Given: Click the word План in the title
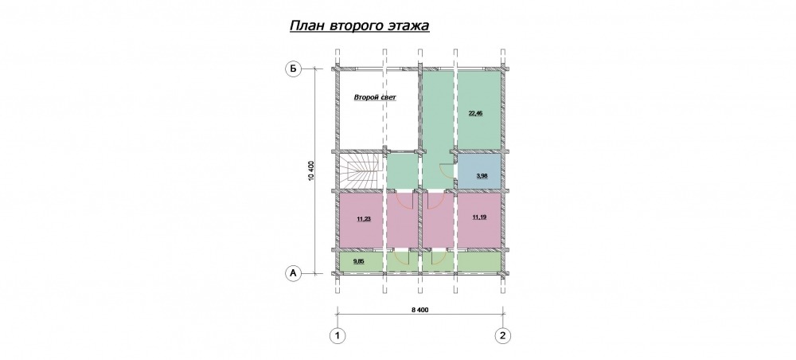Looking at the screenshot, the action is [x=306, y=26].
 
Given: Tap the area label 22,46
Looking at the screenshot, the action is [x=476, y=113].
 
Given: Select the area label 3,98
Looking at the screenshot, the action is [x=482, y=176].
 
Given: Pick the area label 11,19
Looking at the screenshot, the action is [x=479, y=217].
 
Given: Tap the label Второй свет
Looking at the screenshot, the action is [x=375, y=96].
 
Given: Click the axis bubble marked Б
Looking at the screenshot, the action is [x=293, y=69].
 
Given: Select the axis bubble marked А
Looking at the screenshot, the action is [x=293, y=273].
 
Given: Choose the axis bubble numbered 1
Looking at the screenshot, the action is [x=337, y=335].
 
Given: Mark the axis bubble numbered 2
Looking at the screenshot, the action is [x=502, y=335].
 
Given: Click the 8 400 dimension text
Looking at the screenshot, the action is [x=419, y=311].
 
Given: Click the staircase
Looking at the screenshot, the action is [x=359, y=171].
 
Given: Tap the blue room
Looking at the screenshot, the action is [x=480, y=171].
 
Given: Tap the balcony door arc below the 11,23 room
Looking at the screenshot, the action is [x=404, y=257].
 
